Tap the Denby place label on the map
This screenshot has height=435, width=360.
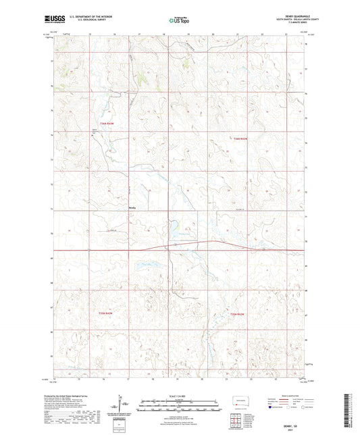(x=133, y=207)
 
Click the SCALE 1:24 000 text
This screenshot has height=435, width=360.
(x=180, y=397)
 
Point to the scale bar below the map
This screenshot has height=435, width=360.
(x=180, y=405)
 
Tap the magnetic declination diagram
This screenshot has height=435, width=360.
(x=124, y=407)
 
